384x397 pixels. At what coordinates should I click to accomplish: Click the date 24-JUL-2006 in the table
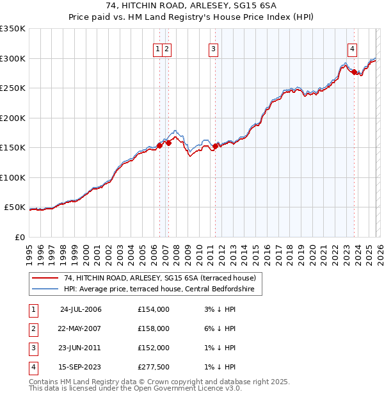tap(81, 309)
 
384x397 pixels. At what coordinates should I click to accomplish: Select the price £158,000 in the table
tap(153, 328)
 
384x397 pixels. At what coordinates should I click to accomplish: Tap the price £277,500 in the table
tap(153, 367)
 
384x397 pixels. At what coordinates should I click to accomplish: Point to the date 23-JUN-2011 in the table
tap(81, 348)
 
